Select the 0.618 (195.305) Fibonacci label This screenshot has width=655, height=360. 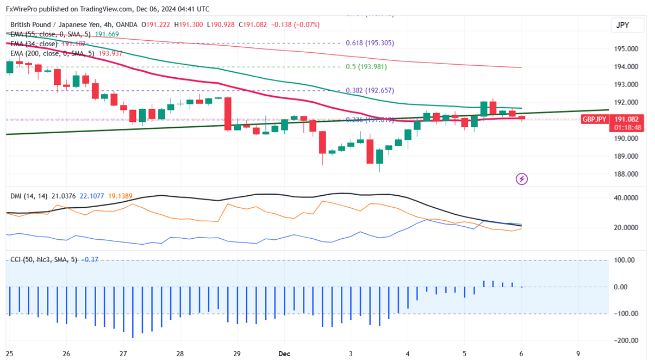370,43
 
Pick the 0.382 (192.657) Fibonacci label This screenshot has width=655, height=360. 370,91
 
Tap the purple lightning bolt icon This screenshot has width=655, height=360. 521,178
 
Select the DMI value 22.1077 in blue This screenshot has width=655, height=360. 95,195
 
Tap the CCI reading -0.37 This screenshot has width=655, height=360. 90,260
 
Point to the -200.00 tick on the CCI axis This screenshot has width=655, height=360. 624,340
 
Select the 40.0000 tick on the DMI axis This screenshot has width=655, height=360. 625,198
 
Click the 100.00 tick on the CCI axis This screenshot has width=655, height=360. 625,260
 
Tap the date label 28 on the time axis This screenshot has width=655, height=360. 180,353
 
